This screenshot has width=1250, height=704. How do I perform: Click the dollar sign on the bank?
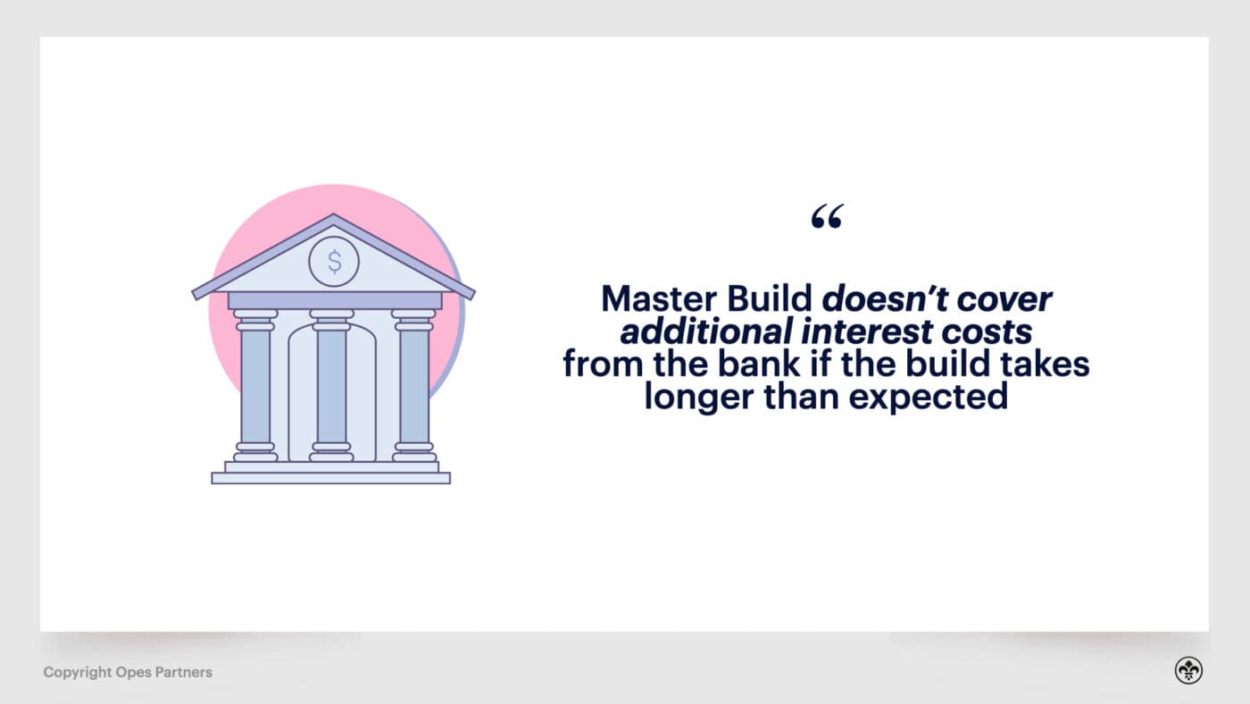tap(334, 262)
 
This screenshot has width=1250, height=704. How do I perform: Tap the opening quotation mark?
tap(827, 217)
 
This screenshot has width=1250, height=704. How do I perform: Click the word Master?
tap(654, 298)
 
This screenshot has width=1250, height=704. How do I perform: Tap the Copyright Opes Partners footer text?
tap(128, 672)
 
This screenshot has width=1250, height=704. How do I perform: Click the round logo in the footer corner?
tap(1188, 671)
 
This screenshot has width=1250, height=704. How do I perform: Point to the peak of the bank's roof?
tap(333, 217)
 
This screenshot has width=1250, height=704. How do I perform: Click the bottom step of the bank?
tap(330, 478)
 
